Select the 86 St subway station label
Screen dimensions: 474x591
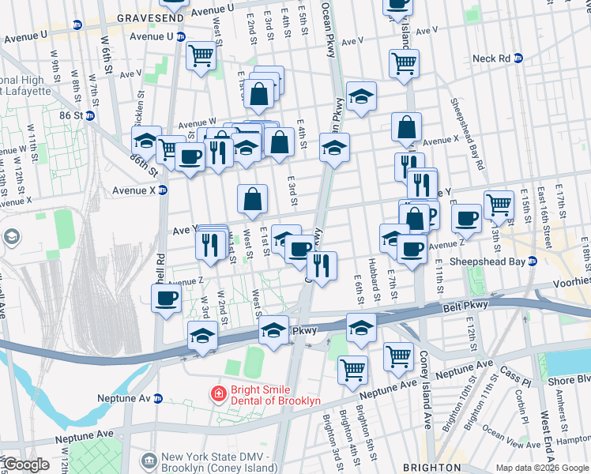pyautogui.click(x=70, y=115)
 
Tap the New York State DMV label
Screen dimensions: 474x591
pyautogui.click(x=215, y=457)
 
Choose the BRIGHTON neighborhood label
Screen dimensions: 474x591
pyautogui.click(x=431, y=468)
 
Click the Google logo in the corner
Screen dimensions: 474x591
pyautogui.click(x=25, y=465)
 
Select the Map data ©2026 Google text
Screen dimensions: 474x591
pyautogui.click(x=542, y=468)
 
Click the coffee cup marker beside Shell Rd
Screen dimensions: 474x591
pyautogui.click(x=166, y=299)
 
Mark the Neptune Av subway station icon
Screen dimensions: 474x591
pyautogui.click(x=158, y=399)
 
